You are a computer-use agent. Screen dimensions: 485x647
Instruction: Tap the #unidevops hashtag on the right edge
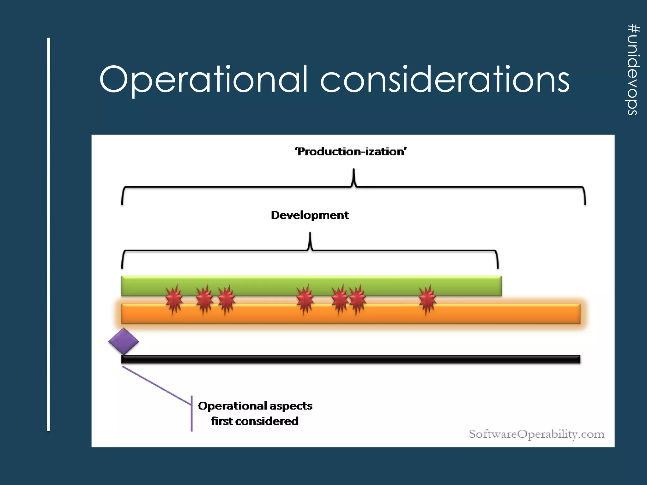point(633,69)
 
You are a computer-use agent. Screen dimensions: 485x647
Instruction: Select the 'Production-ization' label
point(351,152)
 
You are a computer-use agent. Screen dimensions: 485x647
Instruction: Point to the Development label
point(310,215)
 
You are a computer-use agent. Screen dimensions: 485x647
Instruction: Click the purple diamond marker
point(124,341)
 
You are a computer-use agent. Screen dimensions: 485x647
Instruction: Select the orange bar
point(505,314)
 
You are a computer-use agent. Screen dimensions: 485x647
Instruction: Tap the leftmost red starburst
point(174,299)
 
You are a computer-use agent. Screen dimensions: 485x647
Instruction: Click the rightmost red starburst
point(427,299)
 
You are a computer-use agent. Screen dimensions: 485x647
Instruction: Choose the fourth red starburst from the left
point(305,299)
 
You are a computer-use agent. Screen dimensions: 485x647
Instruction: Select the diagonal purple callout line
point(157,386)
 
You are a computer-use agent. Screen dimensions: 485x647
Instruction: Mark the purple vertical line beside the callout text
point(191,413)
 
